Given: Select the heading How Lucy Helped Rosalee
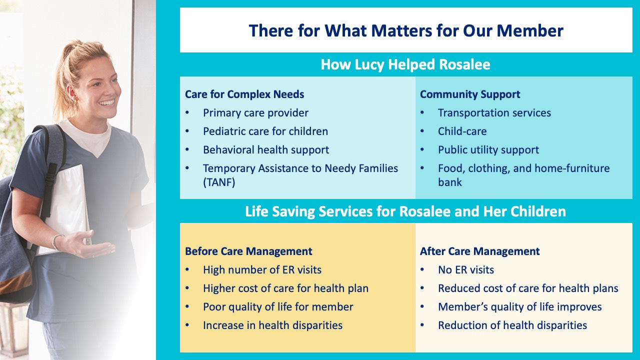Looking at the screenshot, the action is click(x=405, y=64).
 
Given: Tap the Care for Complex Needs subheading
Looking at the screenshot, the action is click(x=244, y=94).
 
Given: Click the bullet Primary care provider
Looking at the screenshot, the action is click(x=255, y=113).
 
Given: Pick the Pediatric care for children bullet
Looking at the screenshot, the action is click(x=265, y=131).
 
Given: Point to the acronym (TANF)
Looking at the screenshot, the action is click(x=219, y=182).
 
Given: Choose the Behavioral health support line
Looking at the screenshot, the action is click(x=266, y=149).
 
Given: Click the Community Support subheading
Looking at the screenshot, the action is click(x=470, y=94).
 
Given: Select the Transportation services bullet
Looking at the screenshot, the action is click(x=494, y=113).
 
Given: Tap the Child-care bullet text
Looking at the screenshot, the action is click(x=462, y=131).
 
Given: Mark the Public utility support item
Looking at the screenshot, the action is click(x=488, y=149).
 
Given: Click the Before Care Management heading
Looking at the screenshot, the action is click(x=248, y=251).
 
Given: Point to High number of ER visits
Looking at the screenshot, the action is click(x=262, y=269).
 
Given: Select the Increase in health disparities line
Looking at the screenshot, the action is click(x=272, y=325).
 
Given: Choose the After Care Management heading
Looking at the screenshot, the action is click(x=479, y=251).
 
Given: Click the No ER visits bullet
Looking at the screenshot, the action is click(x=466, y=269).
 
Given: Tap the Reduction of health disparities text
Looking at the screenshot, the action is click(x=512, y=325).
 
